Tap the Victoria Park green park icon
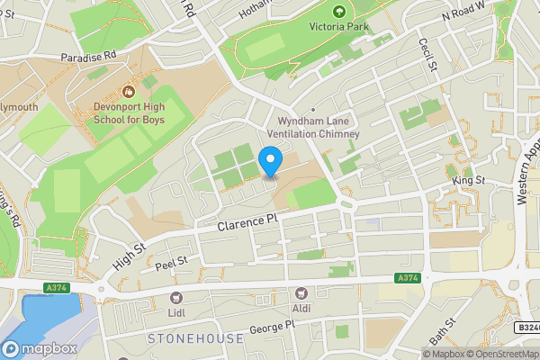pyautogui.click(x=339, y=13)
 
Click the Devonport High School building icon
pyautogui.click(x=128, y=91)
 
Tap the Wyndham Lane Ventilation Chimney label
pyautogui.click(x=319, y=127)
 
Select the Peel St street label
pyautogui.click(x=169, y=262)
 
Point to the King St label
pyautogui.click(x=468, y=183)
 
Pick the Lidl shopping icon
pyautogui.click(x=175, y=298)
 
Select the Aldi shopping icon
pyautogui.click(x=301, y=293)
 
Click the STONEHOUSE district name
pyautogui.click(x=194, y=338)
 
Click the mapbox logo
pyautogui.click(x=38, y=347)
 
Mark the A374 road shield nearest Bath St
pyautogui.click(x=406, y=280)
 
